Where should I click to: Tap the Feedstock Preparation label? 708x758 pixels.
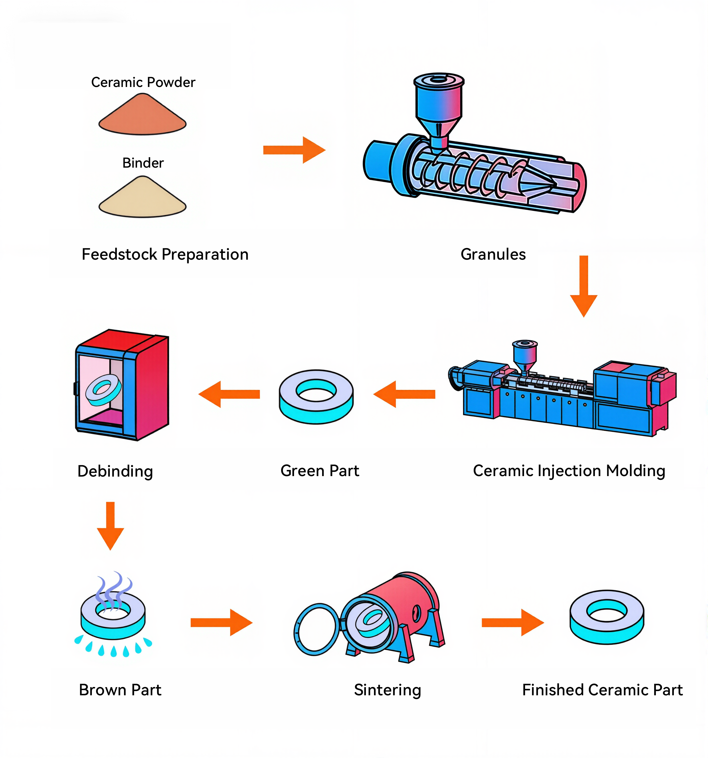pyautogui.click(x=165, y=254)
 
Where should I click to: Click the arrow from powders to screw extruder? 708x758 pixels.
pyautogui.click(x=294, y=150)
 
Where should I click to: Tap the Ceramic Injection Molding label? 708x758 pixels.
pyautogui.click(x=569, y=471)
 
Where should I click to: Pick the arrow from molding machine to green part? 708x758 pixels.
pyautogui.click(x=405, y=394)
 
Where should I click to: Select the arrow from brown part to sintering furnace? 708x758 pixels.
pyautogui.click(x=221, y=623)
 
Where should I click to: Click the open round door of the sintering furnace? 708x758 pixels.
pyautogui.click(x=316, y=629)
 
